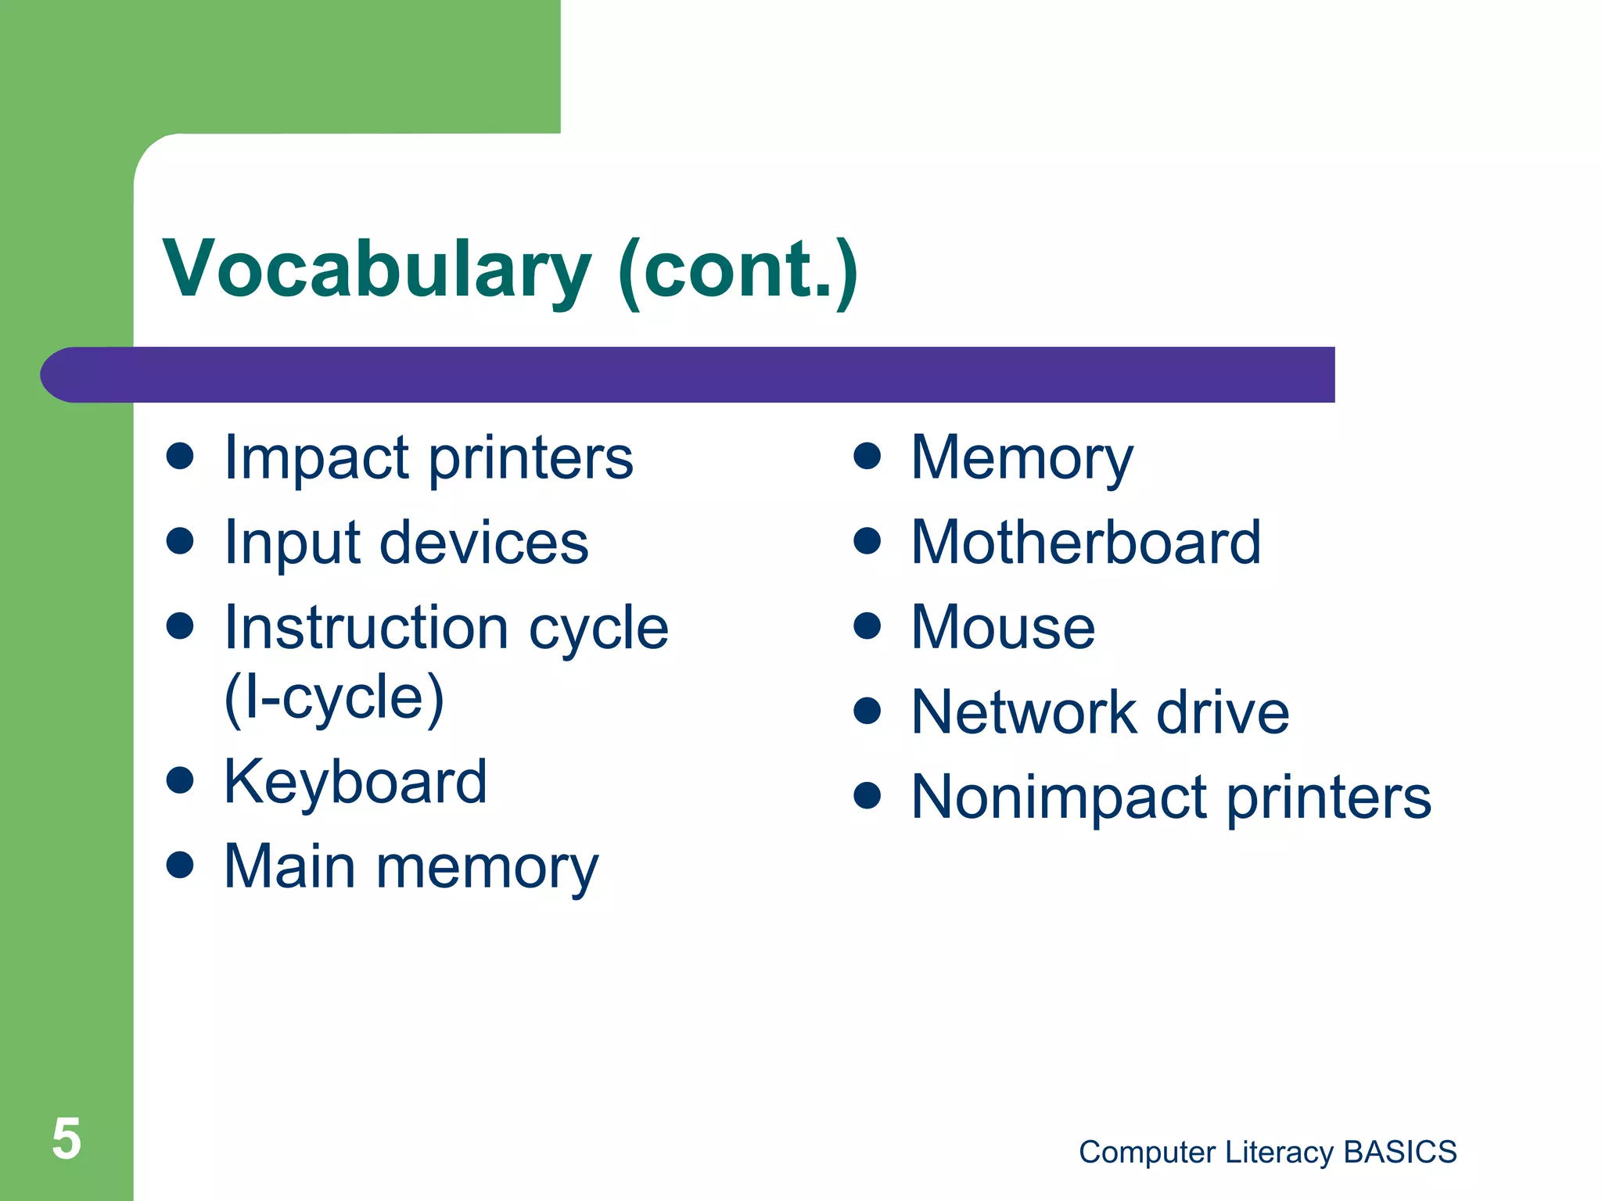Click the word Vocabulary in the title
click(x=376, y=270)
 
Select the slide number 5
click(x=66, y=1138)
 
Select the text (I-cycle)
click(x=334, y=697)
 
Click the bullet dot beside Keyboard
click(x=180, y=780)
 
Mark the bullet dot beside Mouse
click(x=867, y=626)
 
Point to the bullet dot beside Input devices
click(x=180, y=541)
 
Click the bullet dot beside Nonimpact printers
click(x=867, y=795)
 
